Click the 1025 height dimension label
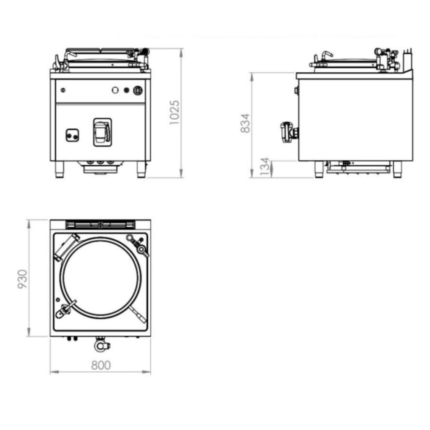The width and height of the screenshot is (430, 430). pyautogui.click(x=174, y=113)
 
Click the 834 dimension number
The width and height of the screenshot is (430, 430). pyautogui.click(x=245, y=123)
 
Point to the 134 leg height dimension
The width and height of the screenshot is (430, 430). pyautogui.click(x=265, y=167)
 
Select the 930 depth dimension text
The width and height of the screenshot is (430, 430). pyautogui.click(x=23, y=279)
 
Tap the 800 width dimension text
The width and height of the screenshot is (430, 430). pyautogui.click(x=101, y=365)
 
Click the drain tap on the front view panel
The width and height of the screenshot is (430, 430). pyautogui.click(x=102, y=132)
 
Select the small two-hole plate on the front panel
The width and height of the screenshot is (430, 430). pyautogui.click(x=72, y=135)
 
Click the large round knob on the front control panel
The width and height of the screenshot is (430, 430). pyautogui.click(x=138, y=90)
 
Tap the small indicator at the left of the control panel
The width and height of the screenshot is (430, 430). pyautogui.click(x=63, y=90)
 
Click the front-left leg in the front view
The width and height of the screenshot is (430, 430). pyautogui.click(x=60, y=169)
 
